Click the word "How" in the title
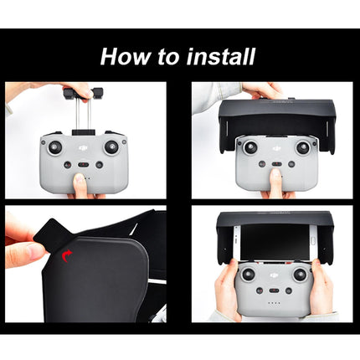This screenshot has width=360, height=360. (124, 56)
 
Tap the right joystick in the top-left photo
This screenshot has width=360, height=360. (111, 147)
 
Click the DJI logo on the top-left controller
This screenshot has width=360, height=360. (83, 145)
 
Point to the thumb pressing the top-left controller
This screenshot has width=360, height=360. (81, 186)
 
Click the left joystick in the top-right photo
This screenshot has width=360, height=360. (249, 147)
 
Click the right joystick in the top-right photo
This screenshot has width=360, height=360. (302, 147)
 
